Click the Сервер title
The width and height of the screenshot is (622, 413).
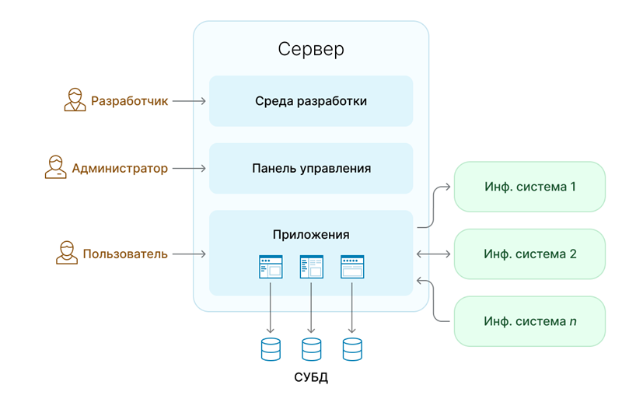(x=311, y=50)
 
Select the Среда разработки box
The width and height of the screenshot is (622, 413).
(x=311, y=101)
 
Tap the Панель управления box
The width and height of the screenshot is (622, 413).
(x=311, y=168)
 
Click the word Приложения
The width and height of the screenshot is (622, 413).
(x=311, y=235)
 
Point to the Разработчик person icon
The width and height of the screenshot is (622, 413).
(x=75, y=100)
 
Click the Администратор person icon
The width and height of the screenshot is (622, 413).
(x=55, y=167)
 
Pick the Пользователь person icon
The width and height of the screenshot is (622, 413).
(x=66, y=253)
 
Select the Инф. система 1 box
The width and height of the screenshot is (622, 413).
(x=529, y=187)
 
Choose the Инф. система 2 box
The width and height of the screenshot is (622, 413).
(x=529, y=254)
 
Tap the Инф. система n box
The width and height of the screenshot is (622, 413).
(x=529, y=320)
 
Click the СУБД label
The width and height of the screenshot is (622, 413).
(x=311, y=379)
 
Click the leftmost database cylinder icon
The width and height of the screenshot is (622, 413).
(x=271, y=349)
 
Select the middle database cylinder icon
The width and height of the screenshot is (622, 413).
(x=311, y=349)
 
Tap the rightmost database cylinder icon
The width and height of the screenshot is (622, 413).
(x=352, y=349)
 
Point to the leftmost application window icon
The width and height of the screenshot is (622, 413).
(x=271, y=267)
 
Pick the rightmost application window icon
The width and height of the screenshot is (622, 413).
(x=352, y=267)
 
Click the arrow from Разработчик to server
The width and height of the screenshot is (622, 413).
(x=189, y=101)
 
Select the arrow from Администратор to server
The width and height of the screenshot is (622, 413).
(x=189, y=168)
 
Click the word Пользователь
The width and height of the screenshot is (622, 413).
(x=125, y=254)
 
